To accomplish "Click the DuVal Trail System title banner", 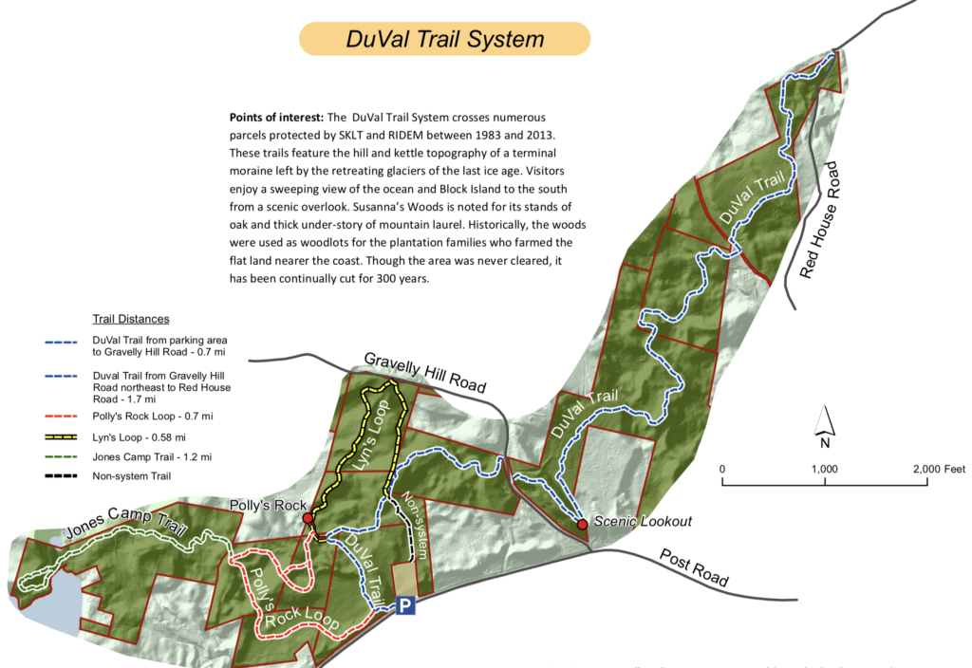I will [x=444, y=39].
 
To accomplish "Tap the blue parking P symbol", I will [x=405, y=605].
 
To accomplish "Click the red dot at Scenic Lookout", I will [x=582, y=523].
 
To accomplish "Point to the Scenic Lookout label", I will [x=643, y=521].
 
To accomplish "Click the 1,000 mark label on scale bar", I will [x=824, y=469].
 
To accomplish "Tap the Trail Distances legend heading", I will [x=130, y=319].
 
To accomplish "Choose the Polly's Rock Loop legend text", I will [x=140, y=417].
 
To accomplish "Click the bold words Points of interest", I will [x=276, y=118].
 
